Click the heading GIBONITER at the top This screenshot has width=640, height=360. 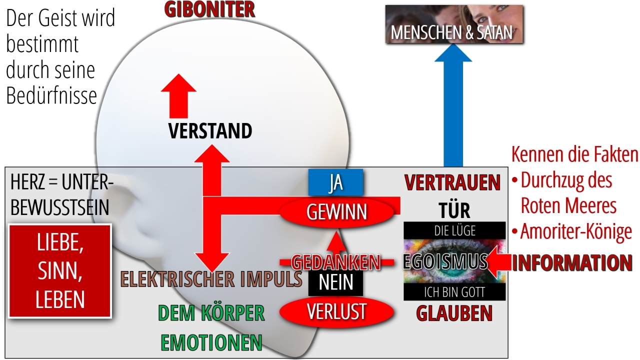click(209, 9)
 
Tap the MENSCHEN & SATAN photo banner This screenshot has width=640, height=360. click(454, 24)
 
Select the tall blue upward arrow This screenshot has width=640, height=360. click(453, 105)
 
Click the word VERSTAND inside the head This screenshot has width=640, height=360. click(210, 131)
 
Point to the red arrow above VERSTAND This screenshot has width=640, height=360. click(178, 96)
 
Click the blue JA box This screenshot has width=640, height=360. click(335, 182)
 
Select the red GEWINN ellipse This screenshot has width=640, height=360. click(336, 212)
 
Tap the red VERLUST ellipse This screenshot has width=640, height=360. click(336, 311)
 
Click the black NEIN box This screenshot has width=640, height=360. click(335, 282)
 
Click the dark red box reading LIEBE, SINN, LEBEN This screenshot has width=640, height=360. click(60, 271)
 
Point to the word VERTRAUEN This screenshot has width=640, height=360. click(452, 182)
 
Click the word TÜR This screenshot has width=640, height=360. click(454, 210)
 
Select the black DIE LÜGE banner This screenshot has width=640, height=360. click(454, 230)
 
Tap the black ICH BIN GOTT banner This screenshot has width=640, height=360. click(454, 292)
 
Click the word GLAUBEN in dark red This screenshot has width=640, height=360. click(454, 313)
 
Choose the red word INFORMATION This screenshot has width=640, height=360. click(571, 263)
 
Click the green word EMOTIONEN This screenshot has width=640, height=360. click(211, 342)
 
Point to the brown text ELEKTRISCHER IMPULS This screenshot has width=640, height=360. click(211, 279)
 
